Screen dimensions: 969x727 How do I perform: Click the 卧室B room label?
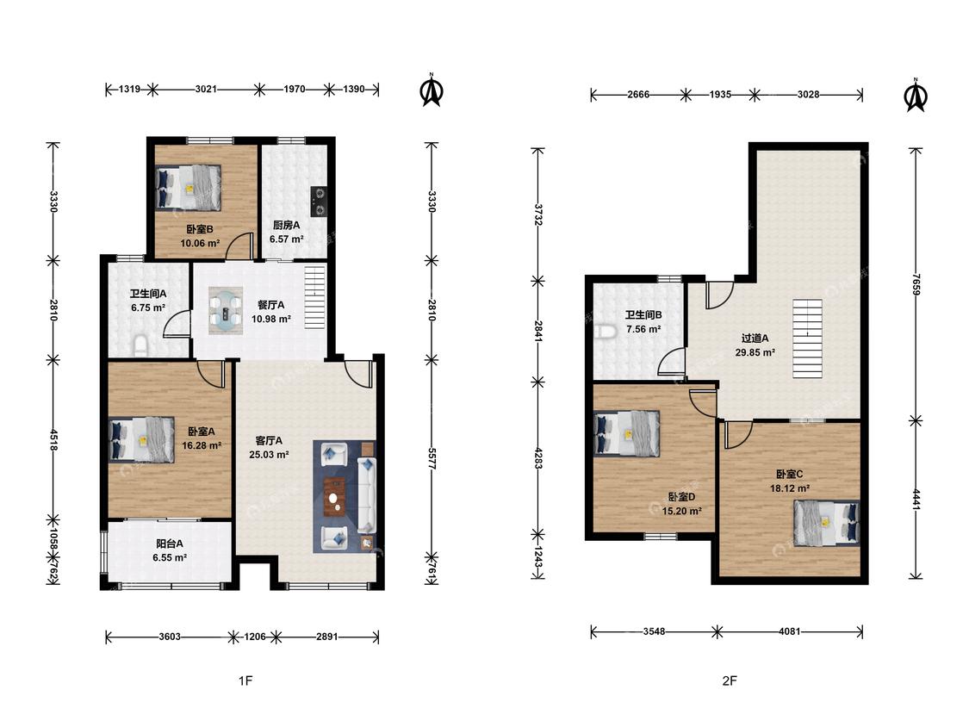click(200, 229)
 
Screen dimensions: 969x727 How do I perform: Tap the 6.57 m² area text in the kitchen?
click(286, 239)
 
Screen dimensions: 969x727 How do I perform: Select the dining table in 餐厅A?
click(226, 310)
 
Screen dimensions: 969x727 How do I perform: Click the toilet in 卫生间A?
click(141, 345)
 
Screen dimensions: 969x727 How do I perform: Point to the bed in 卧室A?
click(141, 439)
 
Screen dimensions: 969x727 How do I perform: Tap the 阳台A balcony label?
click(170, 544)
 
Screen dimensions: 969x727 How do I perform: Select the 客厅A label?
click(269, 441)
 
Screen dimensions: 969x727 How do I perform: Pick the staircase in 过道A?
click(808, 339)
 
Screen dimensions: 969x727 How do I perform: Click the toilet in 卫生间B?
click(606, 332)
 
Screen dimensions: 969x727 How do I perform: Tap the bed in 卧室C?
click(827, 523)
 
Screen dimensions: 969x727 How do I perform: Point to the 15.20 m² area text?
click(681, 512)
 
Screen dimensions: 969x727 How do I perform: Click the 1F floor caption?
click(245, 680)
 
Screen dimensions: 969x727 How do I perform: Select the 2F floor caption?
click(730, 680)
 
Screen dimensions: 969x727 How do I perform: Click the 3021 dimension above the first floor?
click(206, 89)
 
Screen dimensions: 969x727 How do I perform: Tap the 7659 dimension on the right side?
click(916, 284)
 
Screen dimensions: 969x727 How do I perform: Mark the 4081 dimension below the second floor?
click(790, 631)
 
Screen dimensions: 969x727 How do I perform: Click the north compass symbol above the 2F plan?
click(916, 96)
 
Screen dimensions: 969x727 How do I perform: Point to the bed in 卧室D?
click(627, 434)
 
